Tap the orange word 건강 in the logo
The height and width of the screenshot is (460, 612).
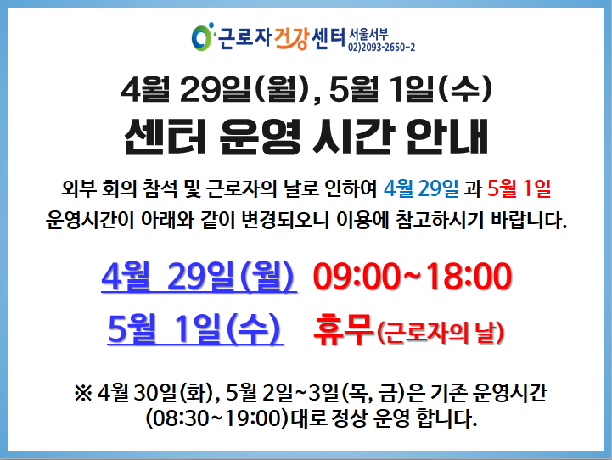tap(291, 38)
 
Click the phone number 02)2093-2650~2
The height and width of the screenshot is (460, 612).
tap(381, 48)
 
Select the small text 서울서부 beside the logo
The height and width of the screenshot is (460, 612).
tap(368, 34)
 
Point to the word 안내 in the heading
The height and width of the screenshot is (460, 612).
tap(447, 137)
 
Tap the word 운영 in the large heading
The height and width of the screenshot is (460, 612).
tap(260, 137)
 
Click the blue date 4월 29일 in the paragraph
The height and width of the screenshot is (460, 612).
tap(421, 188)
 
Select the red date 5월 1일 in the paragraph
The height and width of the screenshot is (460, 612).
tap(519, 188)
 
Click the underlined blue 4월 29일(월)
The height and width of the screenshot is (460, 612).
tap(199, 277)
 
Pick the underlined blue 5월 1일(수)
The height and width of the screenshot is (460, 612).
tap(195, 329)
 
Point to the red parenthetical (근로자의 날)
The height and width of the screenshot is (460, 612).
tap(441, 334)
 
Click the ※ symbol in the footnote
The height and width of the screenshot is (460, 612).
tap(83, 393)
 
